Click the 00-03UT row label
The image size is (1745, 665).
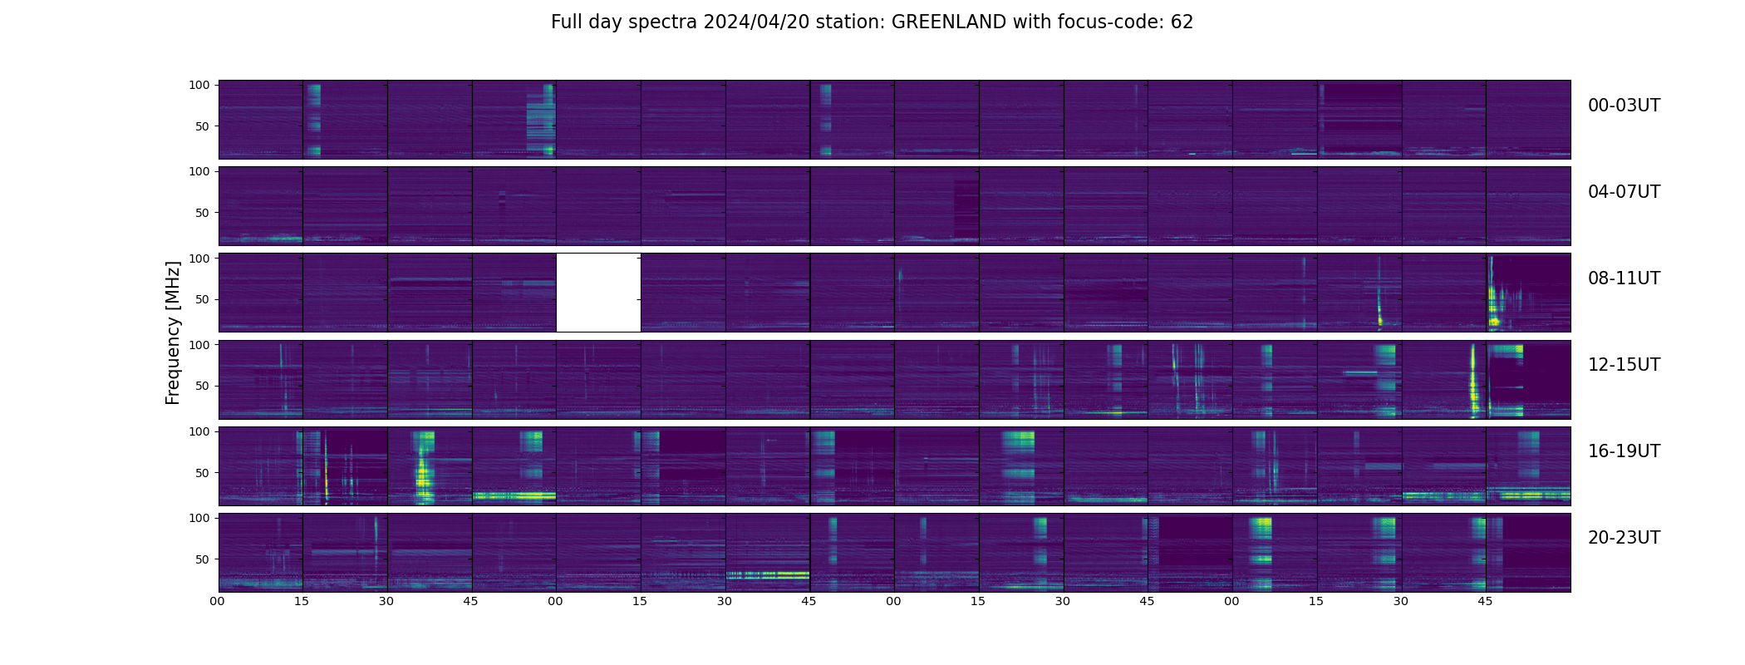click(1624, 106)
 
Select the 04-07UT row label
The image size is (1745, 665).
click(1624, 192)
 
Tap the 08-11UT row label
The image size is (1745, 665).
click(1624, 278)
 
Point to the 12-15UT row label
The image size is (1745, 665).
click(1624, 365)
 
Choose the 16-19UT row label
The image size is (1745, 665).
click(1624, 451)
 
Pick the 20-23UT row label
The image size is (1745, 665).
click(1624, 538)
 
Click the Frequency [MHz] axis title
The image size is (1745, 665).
click(173, 332)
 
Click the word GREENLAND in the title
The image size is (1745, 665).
click(948, 22)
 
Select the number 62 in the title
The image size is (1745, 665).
click(1182, 22)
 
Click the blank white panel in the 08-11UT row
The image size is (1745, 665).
click(598, 293)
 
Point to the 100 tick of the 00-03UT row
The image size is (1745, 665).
click(199, 85)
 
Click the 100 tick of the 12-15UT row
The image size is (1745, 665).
click(199, 344)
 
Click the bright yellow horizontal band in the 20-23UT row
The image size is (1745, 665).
click(768, 574)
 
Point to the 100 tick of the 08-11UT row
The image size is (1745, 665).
click(199, 259)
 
